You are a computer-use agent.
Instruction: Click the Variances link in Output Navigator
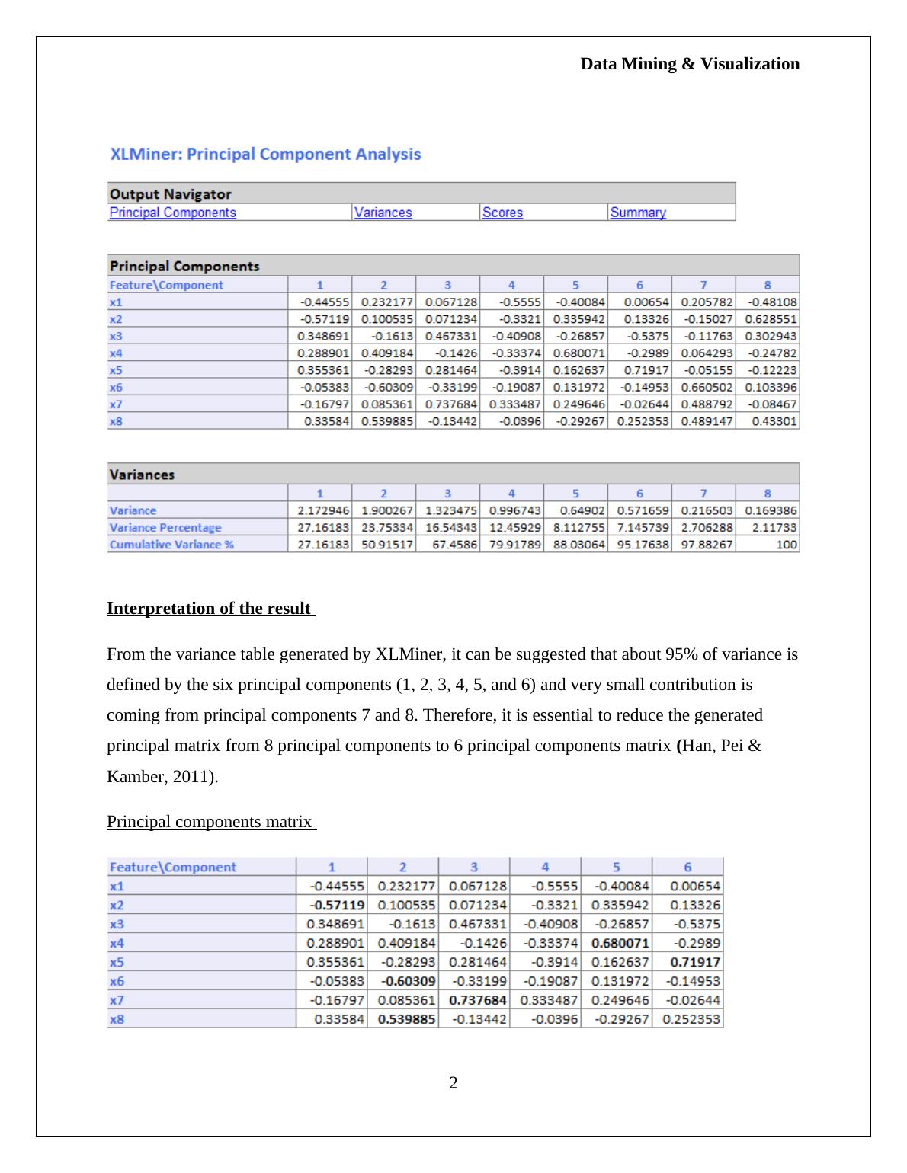383,213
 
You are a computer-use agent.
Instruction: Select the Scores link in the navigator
502,213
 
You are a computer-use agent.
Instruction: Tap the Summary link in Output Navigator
638,213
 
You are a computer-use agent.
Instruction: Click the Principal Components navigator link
173,213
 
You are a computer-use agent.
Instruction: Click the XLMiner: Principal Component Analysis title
265,154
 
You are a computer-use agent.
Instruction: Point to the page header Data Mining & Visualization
690,64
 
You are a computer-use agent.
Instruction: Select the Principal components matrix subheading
210,821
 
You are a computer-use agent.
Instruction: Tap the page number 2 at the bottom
453,1082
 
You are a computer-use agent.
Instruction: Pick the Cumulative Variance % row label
171,545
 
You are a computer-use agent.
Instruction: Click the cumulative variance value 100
787,545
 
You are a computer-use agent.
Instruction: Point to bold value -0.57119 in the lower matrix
337,905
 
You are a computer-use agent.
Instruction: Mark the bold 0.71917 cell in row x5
694,962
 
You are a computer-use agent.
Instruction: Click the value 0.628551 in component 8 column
771,319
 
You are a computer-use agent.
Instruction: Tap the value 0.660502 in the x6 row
707,387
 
